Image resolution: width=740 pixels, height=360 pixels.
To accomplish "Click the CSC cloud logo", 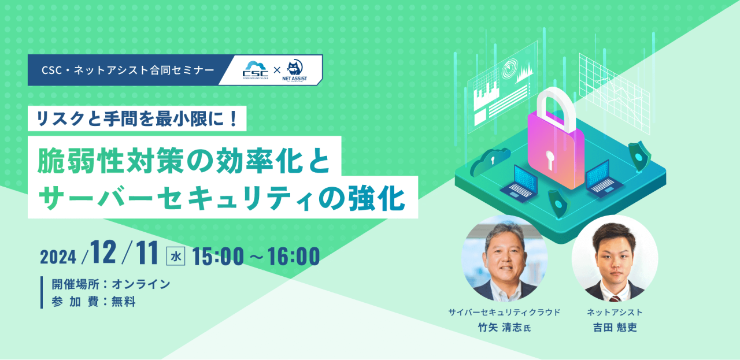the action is tap(256, 70).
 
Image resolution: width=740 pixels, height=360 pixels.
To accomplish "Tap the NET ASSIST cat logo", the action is tap(294, 70).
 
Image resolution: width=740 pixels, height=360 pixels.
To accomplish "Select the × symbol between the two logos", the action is tap(277, 70).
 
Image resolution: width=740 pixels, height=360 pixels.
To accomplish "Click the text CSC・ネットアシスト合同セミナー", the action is tap(128, 70).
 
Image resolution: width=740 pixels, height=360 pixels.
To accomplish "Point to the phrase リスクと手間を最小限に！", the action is tap(137, 118).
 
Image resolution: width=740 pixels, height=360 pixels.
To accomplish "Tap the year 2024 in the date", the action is tap(58, 257).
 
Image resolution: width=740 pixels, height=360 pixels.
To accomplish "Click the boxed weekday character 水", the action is tap(175, 257).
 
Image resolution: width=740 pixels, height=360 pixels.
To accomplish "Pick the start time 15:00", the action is tap(218, 257).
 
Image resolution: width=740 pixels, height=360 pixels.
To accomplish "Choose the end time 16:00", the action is tap(294, 257).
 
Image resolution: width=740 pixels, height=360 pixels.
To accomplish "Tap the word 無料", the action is tap(124, 302).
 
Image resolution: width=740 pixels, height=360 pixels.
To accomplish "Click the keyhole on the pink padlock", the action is tap(549, 160).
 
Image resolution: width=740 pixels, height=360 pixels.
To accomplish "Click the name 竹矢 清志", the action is tap(500, 327).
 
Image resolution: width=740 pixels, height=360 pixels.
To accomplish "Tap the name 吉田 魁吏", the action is tap(615, 327).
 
